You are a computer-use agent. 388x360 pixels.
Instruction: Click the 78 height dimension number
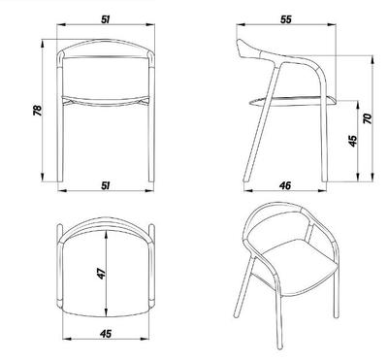click(38, 111)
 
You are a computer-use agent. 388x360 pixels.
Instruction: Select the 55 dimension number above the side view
click(286, 19)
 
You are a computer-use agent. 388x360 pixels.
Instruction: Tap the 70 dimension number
click(368, 118)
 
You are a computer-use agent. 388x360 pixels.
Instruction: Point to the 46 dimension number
click(285, 185)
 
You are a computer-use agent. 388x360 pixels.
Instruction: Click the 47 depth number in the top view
click(102, 274)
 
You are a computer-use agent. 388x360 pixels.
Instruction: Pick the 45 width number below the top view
click(106, 334)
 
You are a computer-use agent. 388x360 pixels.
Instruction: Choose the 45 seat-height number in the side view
click(353, 141)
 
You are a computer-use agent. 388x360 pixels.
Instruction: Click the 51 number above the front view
click(106, 19)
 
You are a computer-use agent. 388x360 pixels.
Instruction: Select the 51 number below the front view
click(106, 185)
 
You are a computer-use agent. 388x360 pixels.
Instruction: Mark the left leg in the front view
click(59, 139)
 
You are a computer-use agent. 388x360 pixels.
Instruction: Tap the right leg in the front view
click(151, 139)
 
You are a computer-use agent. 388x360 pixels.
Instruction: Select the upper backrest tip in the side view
click(241, 42)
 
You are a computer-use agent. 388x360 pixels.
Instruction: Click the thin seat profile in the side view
click(292, 101)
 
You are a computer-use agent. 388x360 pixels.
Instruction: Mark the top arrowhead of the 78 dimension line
click(42, 43)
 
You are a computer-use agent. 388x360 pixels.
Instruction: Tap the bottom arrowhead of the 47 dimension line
click(106, 312)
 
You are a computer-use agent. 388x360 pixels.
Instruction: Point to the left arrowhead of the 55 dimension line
click(241, 24)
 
